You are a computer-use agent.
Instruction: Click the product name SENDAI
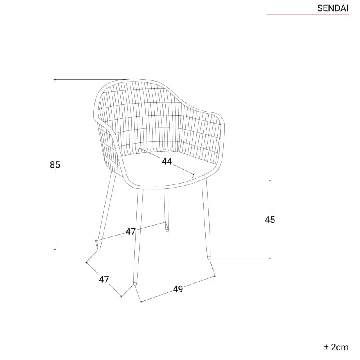(x=333, y=8)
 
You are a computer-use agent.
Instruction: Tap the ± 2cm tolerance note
(x=336, y=347)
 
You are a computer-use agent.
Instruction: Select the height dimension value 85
(x=55, y=165)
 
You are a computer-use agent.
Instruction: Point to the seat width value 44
(x=167, y=162)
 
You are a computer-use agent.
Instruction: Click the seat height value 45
(x=270, y=220)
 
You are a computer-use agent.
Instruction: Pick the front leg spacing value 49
(x=178, y=289)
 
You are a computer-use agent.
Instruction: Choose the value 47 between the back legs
(x=130, y=232)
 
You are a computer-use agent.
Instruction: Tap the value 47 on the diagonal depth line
(x=104, y=280)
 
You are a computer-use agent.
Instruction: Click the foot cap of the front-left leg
(x=135, y=284)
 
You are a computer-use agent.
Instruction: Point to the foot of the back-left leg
(x=98, y=248)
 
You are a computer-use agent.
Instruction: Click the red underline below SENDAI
(x=307, y=15)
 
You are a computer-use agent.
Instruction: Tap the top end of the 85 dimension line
(x=55, y=80)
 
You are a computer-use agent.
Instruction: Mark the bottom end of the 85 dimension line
(x=55, y=249)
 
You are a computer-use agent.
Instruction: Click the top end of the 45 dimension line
(x=270, y=180)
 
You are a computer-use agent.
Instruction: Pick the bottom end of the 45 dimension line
(x=270, y=259)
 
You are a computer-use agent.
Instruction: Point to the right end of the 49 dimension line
(x=215, y=276)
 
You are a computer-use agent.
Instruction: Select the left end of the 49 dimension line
(x=141, y=302)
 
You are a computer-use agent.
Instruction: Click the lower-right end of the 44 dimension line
(x=194, y=174)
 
